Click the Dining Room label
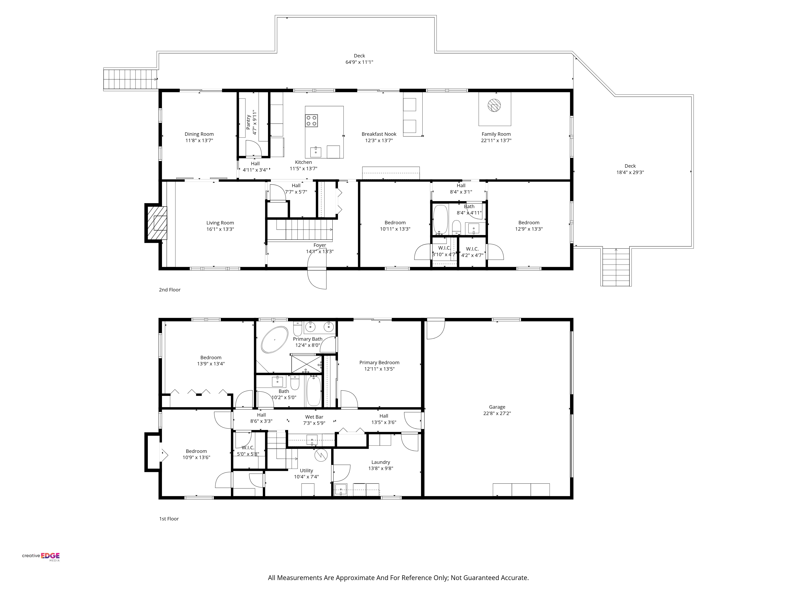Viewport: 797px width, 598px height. pyautogui.click(x=199, y=134)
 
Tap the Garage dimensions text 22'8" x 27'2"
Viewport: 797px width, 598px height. pyautogui.click(x=497, y=413)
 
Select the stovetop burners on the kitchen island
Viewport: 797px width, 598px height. pyautogui.click(x=312, y=120)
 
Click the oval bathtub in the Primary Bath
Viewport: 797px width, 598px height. pyautogui.click(x=275, y=340)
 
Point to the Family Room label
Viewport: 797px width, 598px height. pyautogui.click(x=496, y=134)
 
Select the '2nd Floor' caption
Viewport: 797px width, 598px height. pyautogui.click(x=170, y=290)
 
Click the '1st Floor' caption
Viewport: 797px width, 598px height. pyautogui.click(x=169, y=519)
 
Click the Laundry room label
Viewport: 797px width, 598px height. pyautogui.click(x=381, y=462)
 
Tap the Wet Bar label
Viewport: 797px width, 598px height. pyautogui.click(x=314, y=417)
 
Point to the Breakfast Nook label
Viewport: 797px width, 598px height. pyautogui.click(x=379, y=134)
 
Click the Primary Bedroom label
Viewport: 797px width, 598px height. pyautogui.click(x=379, y=363)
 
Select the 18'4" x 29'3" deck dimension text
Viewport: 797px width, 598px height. pyautogui.click(x=630, y=172)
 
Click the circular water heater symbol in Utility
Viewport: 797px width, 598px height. pyautogui.click(x=320, y=455)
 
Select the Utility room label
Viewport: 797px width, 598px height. pyautogui.click(x=307, y=471)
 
